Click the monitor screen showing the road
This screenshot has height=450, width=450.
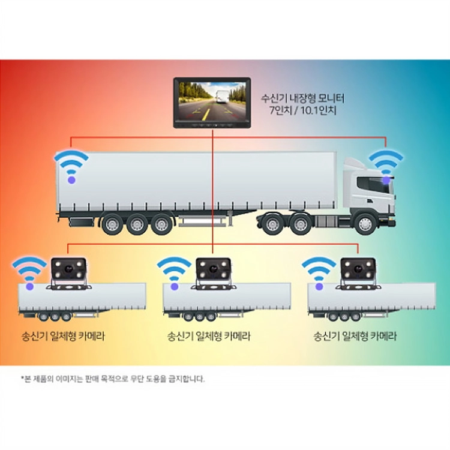[x=212, y=100]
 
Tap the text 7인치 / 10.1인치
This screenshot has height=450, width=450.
[x=303, y=110]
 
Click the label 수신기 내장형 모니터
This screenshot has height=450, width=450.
[x=302, y=98]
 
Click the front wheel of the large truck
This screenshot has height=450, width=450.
[x=365, y=224]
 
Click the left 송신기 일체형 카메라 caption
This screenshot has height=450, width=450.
[x=63, y=336]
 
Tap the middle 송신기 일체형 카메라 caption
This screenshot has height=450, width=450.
[x=209, y=336]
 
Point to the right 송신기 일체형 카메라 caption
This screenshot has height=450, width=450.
[x=355, y=336]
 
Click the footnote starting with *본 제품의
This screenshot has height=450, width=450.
[x=113, y=379]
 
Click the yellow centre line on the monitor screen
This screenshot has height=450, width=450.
[x=206, y=113]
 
